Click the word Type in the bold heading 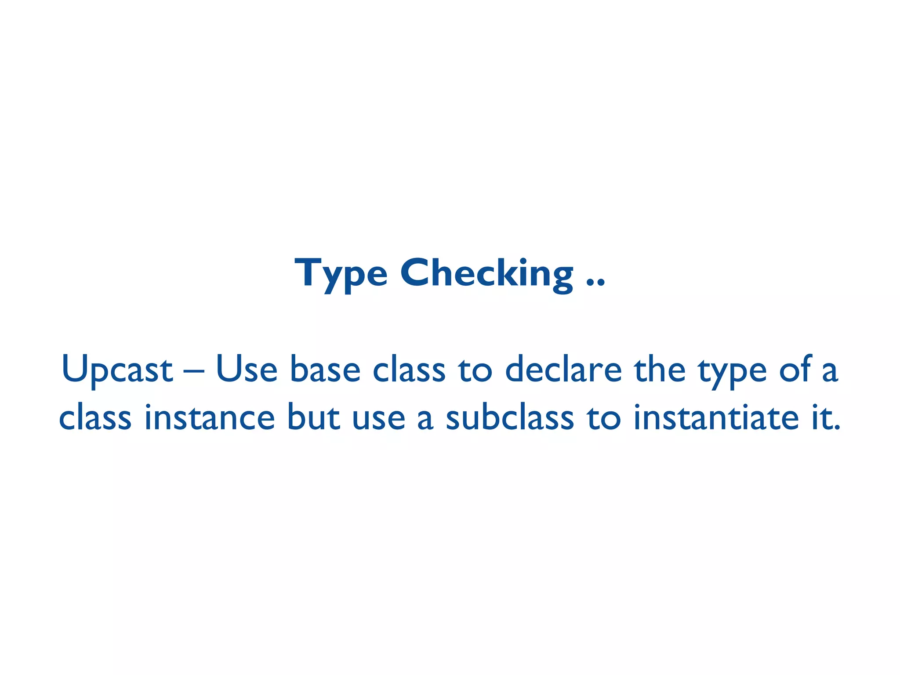coord(341,274)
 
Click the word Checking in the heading coord(486,273)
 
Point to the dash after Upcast coord(194,372)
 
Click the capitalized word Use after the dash coord(247,369)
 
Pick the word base coord(325,369)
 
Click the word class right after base coord(409,369)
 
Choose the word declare coord(563,369)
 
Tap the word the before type coord(659,369)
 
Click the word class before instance coord(95,417)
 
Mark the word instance coord(210,417)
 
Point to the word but coord(313,417)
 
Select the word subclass coord(510,417)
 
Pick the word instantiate coord(716,417)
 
